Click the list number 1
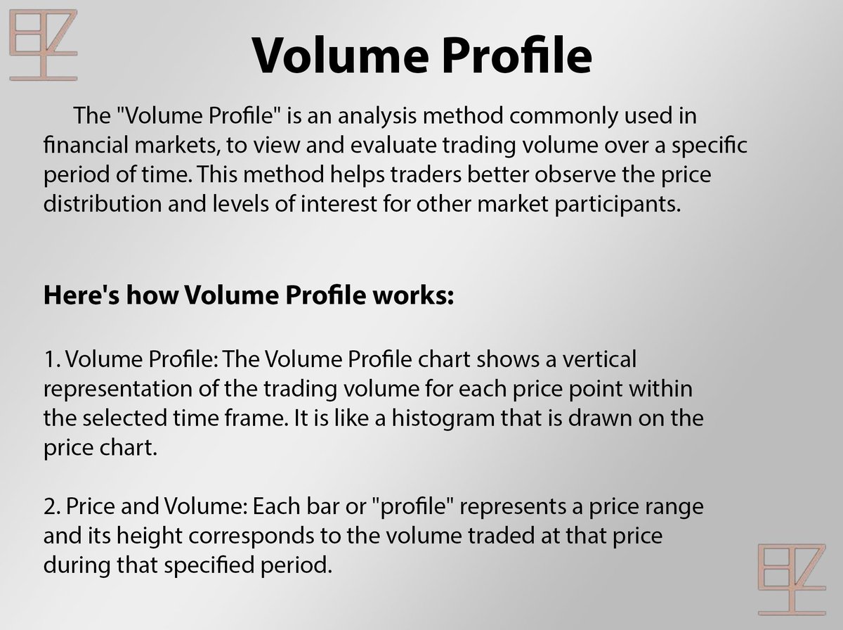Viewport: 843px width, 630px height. pyautogui.click(x=51, y=359)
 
